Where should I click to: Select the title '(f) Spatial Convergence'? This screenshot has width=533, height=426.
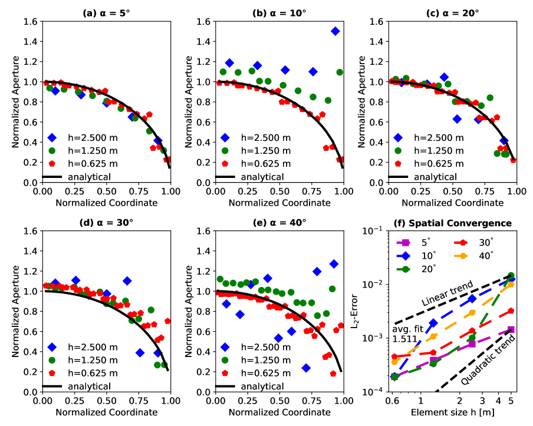(452, 223)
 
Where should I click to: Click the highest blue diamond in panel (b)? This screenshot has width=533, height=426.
(335, 31)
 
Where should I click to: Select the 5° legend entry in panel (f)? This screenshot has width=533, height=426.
(419, 242)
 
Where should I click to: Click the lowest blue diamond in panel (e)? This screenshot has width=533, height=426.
(306, 368)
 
